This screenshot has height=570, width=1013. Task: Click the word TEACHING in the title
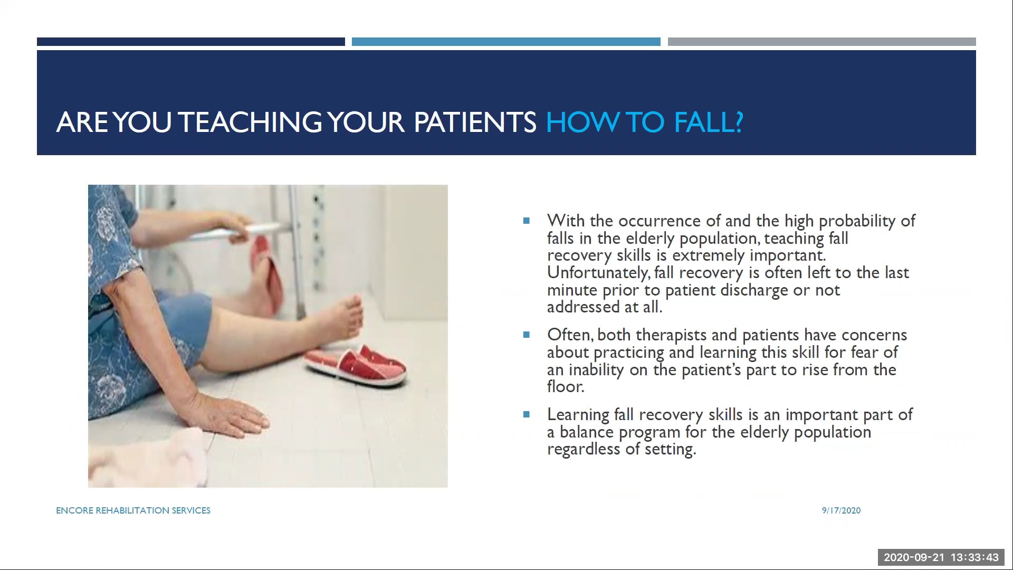[250, 122]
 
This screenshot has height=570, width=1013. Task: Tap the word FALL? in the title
[709, 122]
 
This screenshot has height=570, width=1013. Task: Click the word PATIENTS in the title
[475, 122]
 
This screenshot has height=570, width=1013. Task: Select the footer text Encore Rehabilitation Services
[133, 510]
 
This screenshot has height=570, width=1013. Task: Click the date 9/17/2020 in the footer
[841, 510]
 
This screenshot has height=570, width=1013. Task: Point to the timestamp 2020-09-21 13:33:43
[941, 557]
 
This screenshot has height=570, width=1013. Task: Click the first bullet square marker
[526, 221]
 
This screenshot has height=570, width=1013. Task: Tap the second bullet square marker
[526, 335]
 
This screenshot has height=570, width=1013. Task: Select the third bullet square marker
[526, 414]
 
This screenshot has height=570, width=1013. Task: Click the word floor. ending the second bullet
[566, 387]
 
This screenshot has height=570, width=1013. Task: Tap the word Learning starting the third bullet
[578, 415]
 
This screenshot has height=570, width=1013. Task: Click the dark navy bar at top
[190, 42]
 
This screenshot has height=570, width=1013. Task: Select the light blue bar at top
[505, 42]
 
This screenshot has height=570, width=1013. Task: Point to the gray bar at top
[821, 42]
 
